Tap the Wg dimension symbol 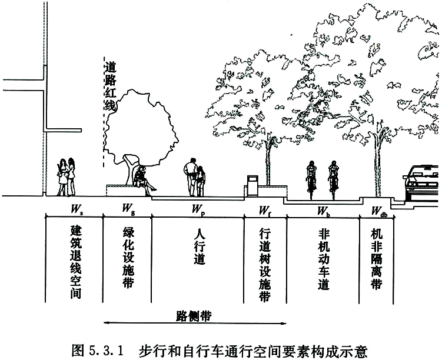[128, 209]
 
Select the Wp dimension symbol [198, 210]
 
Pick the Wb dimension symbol [324, 211]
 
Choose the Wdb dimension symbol [379, 211]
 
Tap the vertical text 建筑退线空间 [76, 262]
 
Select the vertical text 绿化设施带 [128, 258]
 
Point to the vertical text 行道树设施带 [265, 265]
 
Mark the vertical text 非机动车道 [324, 259]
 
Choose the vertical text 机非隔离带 [376, 259]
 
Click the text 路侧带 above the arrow [194, 316]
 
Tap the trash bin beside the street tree [252, 186]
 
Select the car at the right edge [421, 183]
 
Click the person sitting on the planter [144, 181]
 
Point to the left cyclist [311, 180]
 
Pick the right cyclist [334, 180]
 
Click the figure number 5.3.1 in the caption [107, 351]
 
